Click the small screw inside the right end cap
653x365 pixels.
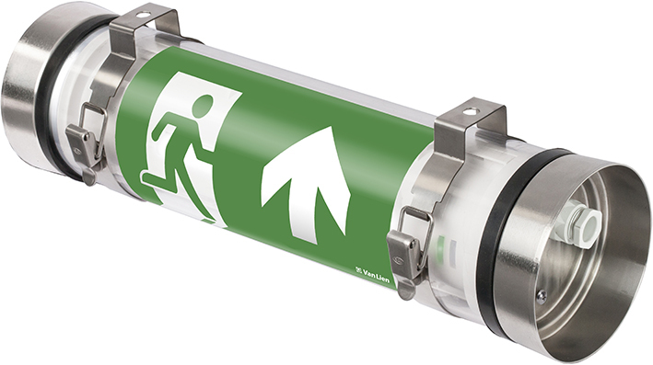(541, 295)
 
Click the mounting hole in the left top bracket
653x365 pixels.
(143, 17)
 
